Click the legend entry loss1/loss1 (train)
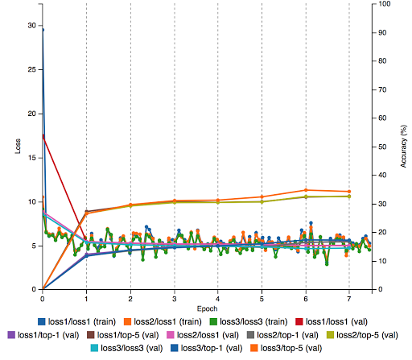[x=68, y=320]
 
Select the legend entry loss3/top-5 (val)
[x=292, y=347]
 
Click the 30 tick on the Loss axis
[x=31, y=26]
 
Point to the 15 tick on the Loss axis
[x=31, y=157]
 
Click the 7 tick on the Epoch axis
[x=348, y=296]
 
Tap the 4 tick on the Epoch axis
[x=218, y=296]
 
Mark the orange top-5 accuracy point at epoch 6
[x=305, y=190]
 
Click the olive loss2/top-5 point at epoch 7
[x=348, y=197]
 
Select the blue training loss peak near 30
[x=43, y=30]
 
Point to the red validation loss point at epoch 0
[x=43, y=137]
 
